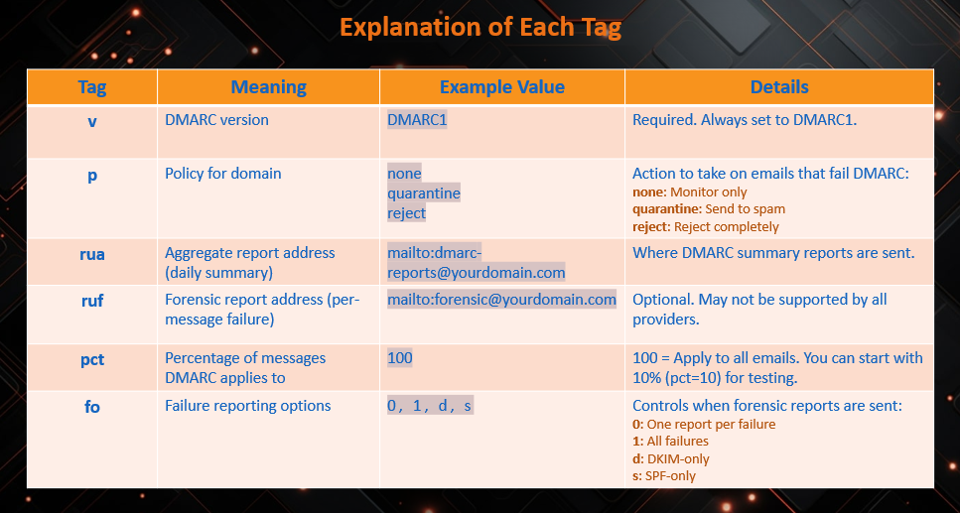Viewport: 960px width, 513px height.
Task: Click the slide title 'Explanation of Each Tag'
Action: (x=480, y=28)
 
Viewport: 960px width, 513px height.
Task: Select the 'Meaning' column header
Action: (x=269, y=87)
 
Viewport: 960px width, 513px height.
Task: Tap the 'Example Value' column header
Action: (x=502, y=87)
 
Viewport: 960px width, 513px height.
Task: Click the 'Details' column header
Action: (x=779, y=87)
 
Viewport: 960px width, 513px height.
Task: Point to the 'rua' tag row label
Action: (x=92, y=254)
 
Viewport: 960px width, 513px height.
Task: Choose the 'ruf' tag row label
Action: (x=92, y=301)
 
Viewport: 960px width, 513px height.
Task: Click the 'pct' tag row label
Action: (x=92, y=359)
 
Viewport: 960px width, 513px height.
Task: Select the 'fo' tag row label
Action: (x=92, y=407)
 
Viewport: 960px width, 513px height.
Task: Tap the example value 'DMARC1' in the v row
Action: (x=417, y=120)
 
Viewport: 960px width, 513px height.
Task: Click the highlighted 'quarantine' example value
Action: (x=424, y=193)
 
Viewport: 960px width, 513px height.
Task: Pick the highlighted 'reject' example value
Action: (x=406, y=213)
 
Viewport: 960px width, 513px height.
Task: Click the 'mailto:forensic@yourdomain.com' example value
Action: (x=501, y=300)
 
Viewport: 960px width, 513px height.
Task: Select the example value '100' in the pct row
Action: (x=400, y=357)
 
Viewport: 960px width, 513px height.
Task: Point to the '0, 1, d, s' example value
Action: (x=430, y=405)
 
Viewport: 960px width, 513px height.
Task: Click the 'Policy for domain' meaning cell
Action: (x=222, y=174)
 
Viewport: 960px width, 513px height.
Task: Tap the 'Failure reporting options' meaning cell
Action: (x=247, y=405)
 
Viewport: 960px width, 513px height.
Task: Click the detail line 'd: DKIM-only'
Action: (x=670, y=459)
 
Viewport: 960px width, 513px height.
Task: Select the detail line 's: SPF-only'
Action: (x=664, y=475)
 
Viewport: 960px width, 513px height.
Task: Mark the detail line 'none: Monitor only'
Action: (x=689, y=192)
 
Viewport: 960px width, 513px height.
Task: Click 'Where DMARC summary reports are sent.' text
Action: (x=773, y=253)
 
